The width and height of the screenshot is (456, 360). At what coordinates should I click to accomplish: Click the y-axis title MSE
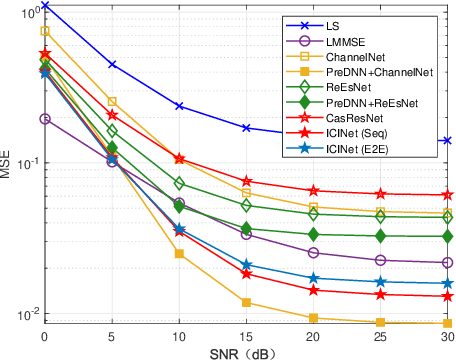9,164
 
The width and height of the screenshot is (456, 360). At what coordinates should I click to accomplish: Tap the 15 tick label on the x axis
246,334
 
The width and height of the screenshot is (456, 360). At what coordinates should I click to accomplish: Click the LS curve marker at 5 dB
112,64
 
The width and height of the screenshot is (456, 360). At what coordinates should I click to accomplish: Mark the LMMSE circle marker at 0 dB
45,118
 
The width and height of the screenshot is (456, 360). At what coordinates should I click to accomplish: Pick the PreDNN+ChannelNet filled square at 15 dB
246,302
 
